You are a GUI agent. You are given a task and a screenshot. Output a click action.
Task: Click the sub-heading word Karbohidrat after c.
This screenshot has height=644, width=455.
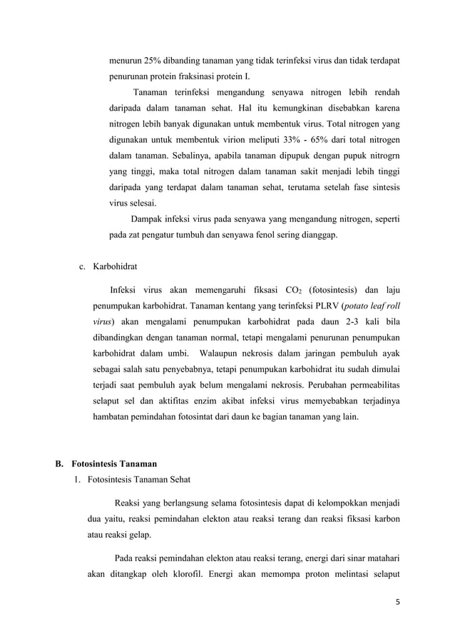tap(116, 266)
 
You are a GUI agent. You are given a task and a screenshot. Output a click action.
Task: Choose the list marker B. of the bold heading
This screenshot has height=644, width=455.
tap(61, 465)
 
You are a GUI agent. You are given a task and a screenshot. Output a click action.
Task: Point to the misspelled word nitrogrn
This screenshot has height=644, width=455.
tap(383, 155)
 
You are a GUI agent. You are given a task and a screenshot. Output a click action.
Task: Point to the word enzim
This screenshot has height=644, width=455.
tap(223, 401)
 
